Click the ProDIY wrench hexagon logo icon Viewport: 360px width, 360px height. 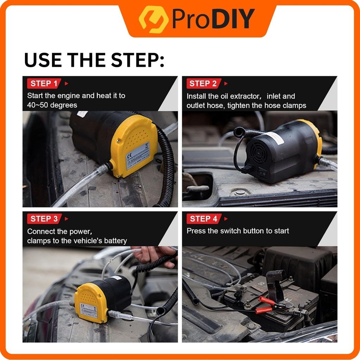click(x=153, y=19)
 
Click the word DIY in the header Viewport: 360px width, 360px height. click(x=233, y=19)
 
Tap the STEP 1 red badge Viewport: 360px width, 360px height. click(x=44, y=83)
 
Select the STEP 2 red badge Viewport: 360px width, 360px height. click(x=204, y=83)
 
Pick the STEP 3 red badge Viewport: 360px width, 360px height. click(x=44, y=219)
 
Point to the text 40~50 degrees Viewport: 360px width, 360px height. click(x=52, y=105)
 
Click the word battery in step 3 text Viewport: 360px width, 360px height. click(x=115, y=241)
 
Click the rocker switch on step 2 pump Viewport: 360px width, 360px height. click(x=262, y=173)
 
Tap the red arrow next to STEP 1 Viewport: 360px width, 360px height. click(x=66, y=84)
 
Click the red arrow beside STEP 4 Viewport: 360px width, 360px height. click(x=226, y=219)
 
